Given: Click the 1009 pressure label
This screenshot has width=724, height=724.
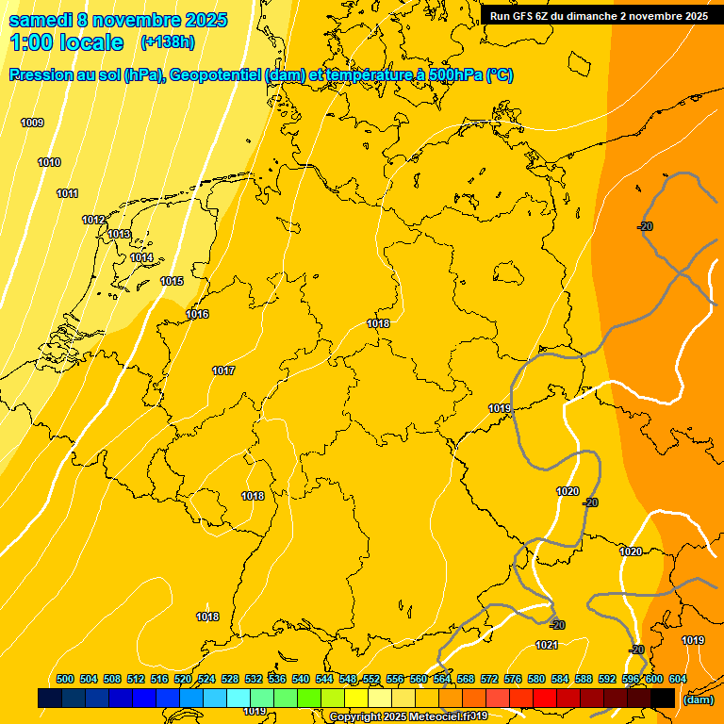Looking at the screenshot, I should [32, 123].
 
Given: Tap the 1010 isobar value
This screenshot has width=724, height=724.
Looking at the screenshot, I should [49, 163].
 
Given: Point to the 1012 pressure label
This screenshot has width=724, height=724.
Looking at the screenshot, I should [93, 220].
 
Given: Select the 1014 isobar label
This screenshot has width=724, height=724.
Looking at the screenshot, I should [141, 257].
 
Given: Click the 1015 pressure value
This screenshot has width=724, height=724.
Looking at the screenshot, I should [172, 281].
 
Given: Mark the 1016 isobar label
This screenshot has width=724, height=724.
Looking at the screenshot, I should [197, 314].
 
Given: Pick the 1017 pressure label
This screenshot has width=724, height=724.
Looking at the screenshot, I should [223, 370].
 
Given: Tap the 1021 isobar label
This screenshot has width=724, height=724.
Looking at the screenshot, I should [547, 645].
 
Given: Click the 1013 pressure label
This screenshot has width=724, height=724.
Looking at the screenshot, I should [119, 234].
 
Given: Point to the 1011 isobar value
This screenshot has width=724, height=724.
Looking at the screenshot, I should [67, 193].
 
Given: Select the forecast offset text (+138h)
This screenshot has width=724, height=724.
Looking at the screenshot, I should [167, 42].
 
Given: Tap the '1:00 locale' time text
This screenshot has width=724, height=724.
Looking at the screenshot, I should [66, 42].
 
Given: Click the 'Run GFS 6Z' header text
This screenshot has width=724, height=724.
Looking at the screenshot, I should [528, 16].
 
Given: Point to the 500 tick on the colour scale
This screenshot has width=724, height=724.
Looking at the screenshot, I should [65, 679].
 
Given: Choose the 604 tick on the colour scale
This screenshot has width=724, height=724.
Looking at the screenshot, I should [678, 679].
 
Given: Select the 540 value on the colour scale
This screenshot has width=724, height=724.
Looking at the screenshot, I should [301, 679].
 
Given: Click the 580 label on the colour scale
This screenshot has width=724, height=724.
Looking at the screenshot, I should [536, 679].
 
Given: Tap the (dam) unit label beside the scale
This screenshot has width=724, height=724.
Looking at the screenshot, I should [699, 699].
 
